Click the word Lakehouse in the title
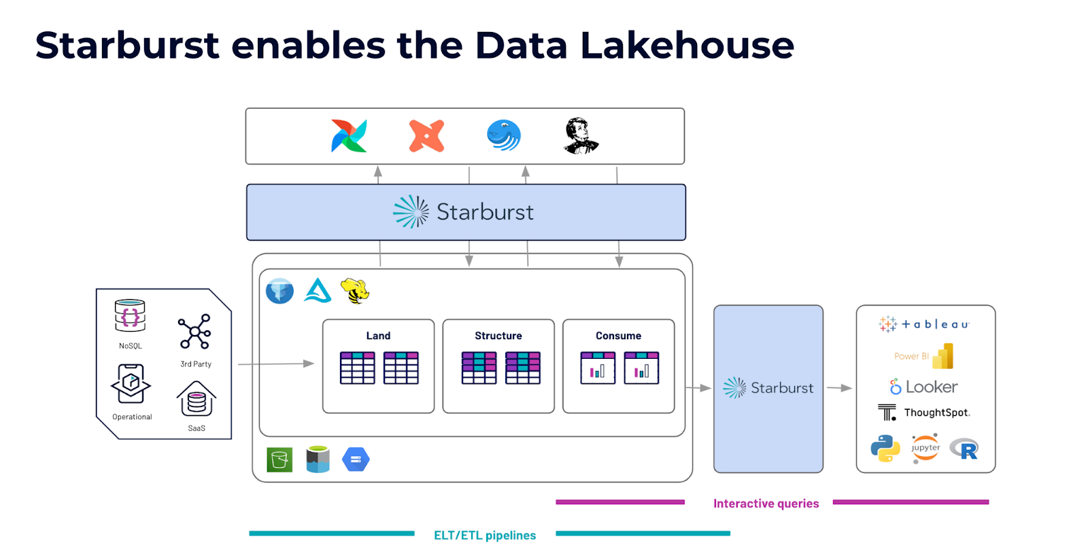(x=687, y=45)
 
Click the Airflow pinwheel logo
(x=349, y=136)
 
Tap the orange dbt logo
(x=426, y=136)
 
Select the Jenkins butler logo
(x=581, y=136)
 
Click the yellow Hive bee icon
(x=355, y=291)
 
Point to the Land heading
(x=378, y=336)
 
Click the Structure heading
(x=498, y=336)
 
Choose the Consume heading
(x=618, y=336)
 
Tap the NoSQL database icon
(x=130, y=315)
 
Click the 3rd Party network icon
(x=194, y=332)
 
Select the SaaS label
(x=197, y=428)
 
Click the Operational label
(x=132, y=417)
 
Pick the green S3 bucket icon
(x=279, y=459)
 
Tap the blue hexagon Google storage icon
(x=356, y=459)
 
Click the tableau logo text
(x=936, y=324)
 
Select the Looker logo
(x=924, y=387)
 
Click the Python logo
(x=885, y=449)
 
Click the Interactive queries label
(x=766, y=504)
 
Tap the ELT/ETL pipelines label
(x=485, y=535)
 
